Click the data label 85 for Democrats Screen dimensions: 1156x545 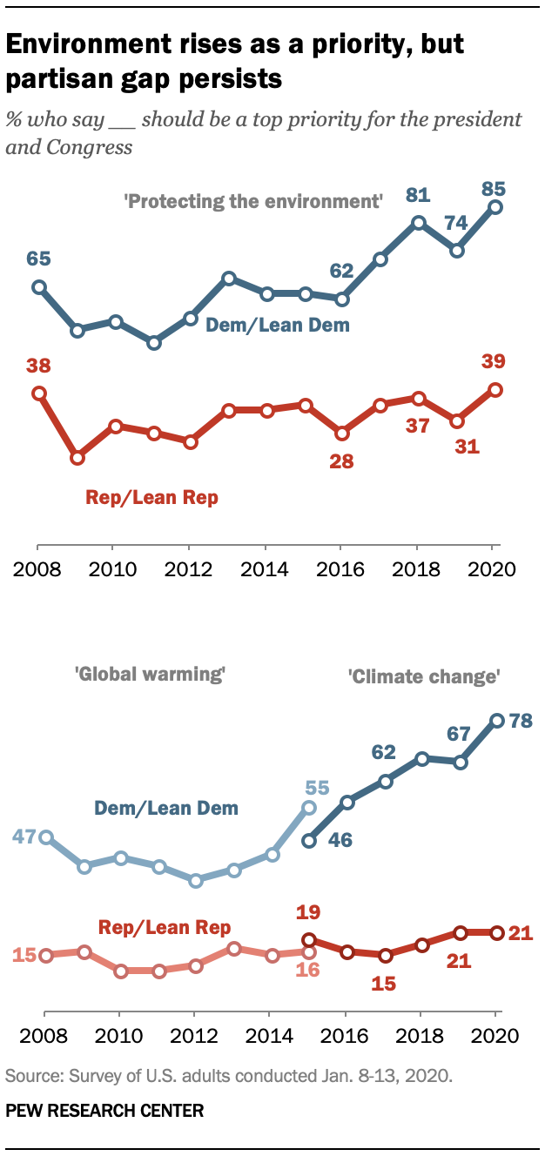[495, 188]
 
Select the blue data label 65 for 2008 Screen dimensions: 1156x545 [38, 259]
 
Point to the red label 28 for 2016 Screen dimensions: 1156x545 [341, 460]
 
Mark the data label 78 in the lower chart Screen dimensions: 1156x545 [521, 721]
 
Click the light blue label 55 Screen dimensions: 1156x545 [316, 788]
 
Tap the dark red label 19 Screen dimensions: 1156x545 [308, 913]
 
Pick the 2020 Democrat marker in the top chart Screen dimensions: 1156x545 [495, 207]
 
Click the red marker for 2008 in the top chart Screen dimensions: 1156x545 [38, 393]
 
